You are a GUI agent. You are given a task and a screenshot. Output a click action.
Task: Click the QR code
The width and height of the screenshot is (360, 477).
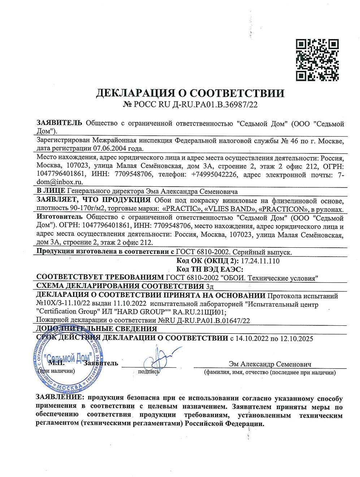317,60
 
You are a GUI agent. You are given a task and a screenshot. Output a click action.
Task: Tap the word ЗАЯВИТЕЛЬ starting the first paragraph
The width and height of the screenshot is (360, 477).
59,123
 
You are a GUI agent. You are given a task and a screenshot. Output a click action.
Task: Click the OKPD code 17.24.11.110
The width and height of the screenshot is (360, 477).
260,261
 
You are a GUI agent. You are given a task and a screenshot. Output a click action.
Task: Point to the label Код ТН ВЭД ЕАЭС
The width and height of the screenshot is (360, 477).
209,269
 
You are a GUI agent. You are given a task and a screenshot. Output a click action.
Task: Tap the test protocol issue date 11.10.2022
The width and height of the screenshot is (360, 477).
130,303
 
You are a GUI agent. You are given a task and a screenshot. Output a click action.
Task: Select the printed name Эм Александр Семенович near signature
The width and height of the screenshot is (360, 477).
270,364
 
